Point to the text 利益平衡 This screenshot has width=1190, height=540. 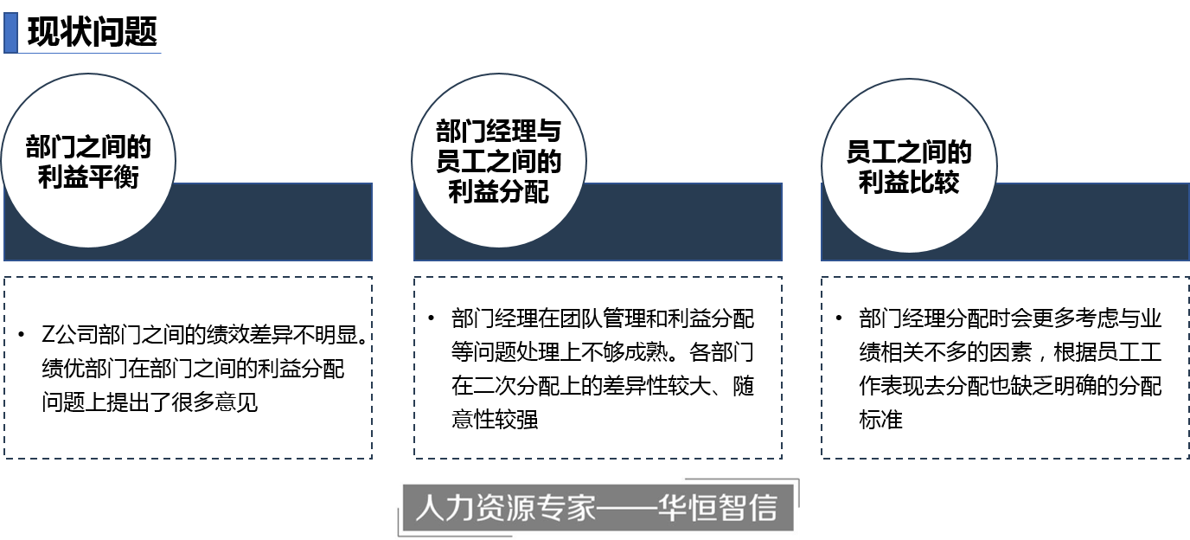pos(88,177)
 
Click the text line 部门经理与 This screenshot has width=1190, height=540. pos(499,132)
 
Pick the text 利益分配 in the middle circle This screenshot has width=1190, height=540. pos(499,191)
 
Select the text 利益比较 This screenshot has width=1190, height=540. pos(909,183)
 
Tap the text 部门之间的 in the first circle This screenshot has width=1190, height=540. pos(88,146)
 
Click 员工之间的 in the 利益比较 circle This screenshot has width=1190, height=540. pos(909,152)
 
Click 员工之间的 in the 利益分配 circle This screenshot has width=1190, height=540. pos(499,161)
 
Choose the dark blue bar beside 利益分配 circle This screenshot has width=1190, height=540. pos(683,222)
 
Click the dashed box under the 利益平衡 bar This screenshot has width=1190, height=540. pos(188,368)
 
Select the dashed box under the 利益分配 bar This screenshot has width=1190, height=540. pos(598,368)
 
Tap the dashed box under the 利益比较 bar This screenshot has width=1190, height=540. pos(1005,368)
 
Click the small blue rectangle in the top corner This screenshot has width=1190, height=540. pos(10,32)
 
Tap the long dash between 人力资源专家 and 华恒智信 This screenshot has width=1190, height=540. pos(627,509)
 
